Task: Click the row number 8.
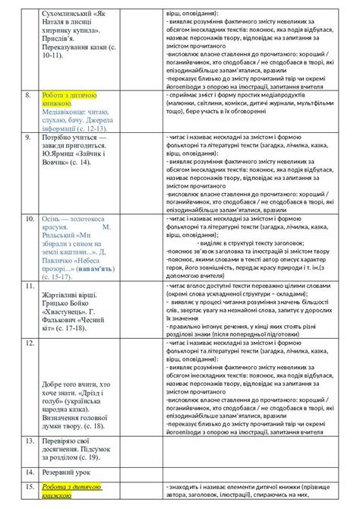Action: point(28,95)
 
